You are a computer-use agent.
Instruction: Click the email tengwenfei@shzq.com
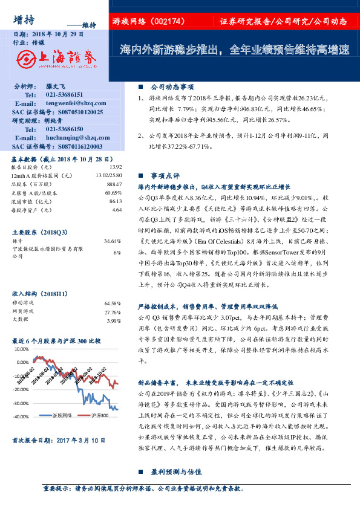72,104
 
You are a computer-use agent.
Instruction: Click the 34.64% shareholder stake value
114,241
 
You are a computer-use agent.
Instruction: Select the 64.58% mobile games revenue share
113,302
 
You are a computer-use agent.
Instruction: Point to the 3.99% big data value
114,320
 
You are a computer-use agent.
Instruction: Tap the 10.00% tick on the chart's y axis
22,349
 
